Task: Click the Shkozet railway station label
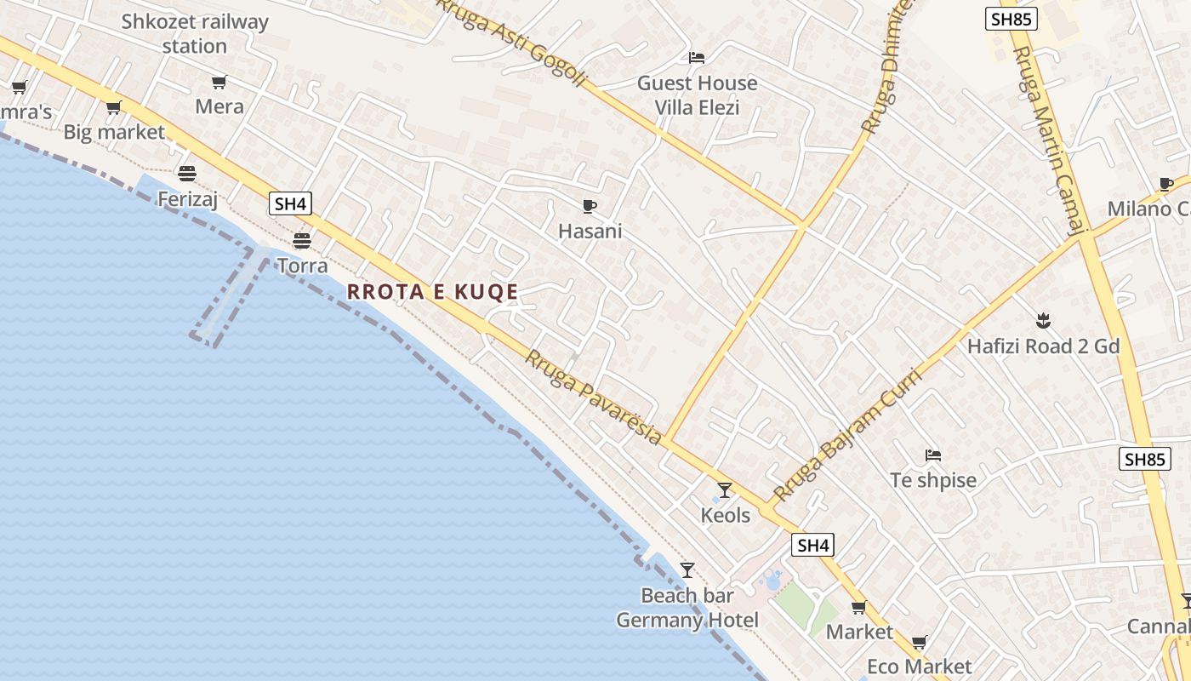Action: [x=195, y=34]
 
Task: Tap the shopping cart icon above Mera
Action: [x=219, y=83]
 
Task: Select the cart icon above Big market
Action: [x=114, y=108]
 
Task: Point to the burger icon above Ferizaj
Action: [x=187, y=174]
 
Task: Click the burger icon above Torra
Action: [x=302, y=240]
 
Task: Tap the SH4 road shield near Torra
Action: [x=290, y=204]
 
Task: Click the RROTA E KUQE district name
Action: [x=432, y=292]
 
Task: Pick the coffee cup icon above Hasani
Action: [x=590, y=206]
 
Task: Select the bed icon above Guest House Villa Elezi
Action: [x=697, y=58]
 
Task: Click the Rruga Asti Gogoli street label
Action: [x=513, y=43]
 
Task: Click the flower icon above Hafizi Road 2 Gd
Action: [x=1043, y=322]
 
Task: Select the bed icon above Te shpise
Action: [x=933, y=455]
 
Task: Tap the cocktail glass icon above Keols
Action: [x=725, y=490]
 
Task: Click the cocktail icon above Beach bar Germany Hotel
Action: [x=687, y=570]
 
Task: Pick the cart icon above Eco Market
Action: [x=919, y=642]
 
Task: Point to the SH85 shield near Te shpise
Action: [x=1143, y=460]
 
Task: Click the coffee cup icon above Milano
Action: [x=1166, y=184]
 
